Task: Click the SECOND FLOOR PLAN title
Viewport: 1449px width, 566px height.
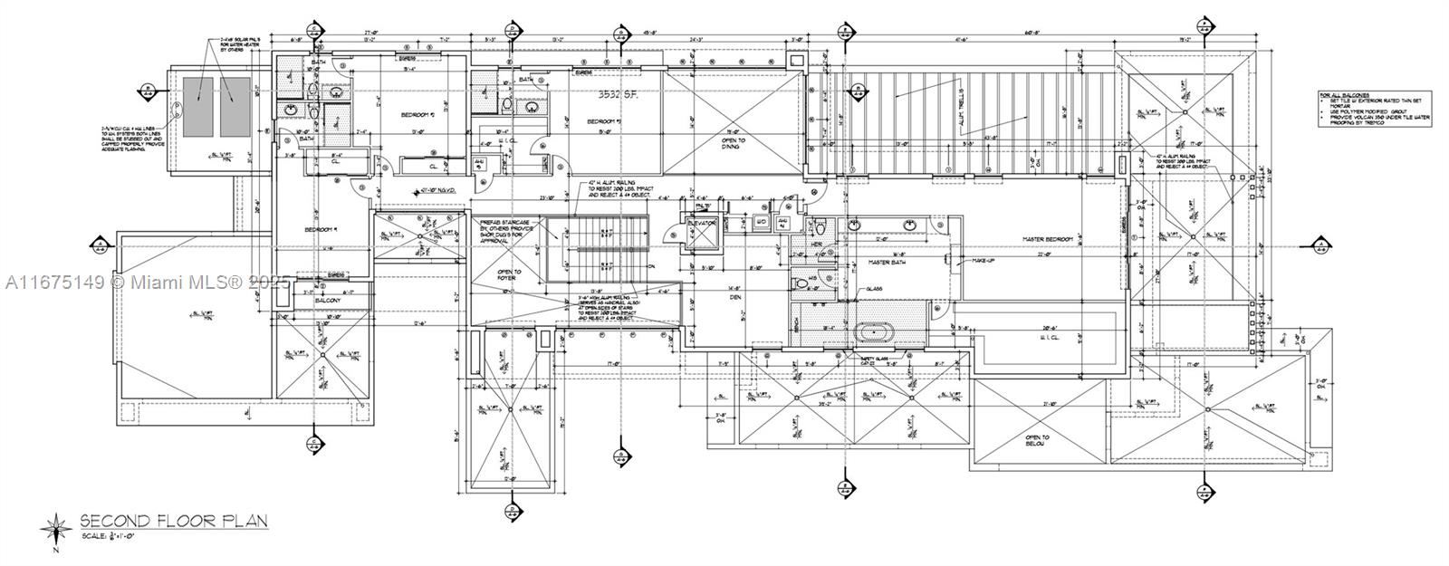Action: click(174, 521)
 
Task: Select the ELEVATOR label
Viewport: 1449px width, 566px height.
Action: click(702, 222)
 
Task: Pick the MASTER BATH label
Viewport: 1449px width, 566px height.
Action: click(888, 263)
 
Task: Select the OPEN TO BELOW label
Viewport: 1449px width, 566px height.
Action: click(1035, 440)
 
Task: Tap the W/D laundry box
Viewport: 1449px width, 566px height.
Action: click(762, 220)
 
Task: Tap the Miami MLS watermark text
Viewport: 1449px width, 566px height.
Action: click(145, 282)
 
